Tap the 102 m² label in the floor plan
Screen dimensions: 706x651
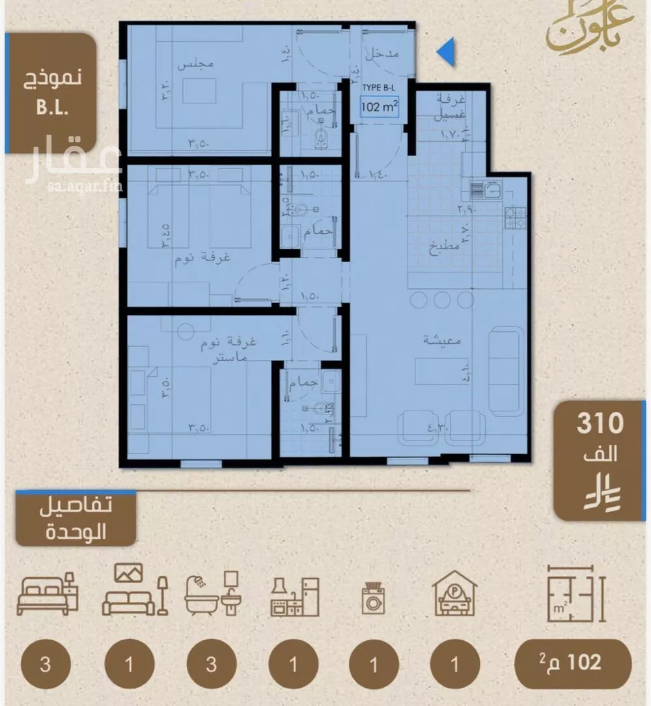[x=380, y=108]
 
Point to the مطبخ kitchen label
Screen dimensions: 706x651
[x=447, y=247]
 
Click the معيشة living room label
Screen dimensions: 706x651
[x=442, y=340]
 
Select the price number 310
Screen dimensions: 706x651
[x=600, y=424]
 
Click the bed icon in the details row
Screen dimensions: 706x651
[x=47, y=593]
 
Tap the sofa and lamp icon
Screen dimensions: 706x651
[x=135, y=591]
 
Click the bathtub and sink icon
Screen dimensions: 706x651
[x=213, y=593]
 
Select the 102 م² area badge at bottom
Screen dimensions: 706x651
[x=572, y=663]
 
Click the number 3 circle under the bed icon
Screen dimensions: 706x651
[x=45, y=665]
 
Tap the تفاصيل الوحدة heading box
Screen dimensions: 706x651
[x=76, y=519]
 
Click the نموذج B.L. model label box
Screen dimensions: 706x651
[x=51, y=92]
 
